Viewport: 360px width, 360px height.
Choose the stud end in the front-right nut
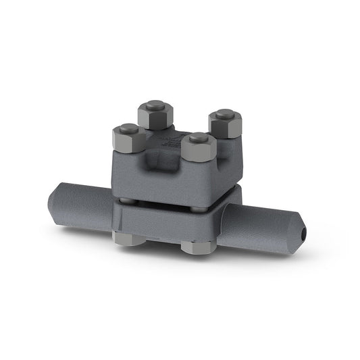click(x=199, y=138)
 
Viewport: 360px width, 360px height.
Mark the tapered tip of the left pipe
click(x=53, y=201)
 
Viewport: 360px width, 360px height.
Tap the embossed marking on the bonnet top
click(x=165, y=138)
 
